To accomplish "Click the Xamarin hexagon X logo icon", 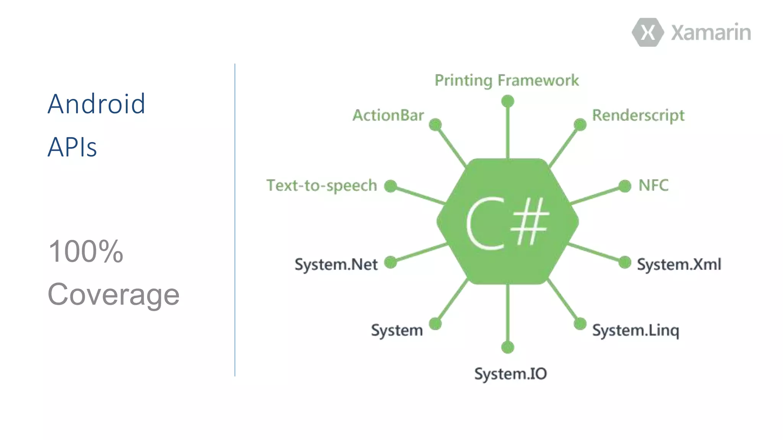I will pos(648,32).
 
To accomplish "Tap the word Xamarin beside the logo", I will pos(711,32).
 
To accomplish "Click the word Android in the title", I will pos(96,104).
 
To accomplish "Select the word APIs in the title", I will pos(72,147).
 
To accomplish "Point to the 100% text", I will pos(86,251).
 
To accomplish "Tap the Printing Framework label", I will pos(507,81).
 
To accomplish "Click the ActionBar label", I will pos(388,115).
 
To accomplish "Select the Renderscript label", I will pos(638,115).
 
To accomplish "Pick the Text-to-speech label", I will pos(322,186).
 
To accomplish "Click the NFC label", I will pos(653,186).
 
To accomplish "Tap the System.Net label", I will pos(336,264).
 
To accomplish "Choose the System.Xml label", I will pos(679,264).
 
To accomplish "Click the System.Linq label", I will pos(635,330).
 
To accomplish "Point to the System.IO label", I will pos(510,374).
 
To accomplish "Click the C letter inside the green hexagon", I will pos(485,223).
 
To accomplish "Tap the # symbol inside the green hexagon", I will pos(530,222).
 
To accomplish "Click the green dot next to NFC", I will pos(625,186).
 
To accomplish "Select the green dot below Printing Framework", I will pos(507,101).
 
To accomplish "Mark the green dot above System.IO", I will pos(507,347).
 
